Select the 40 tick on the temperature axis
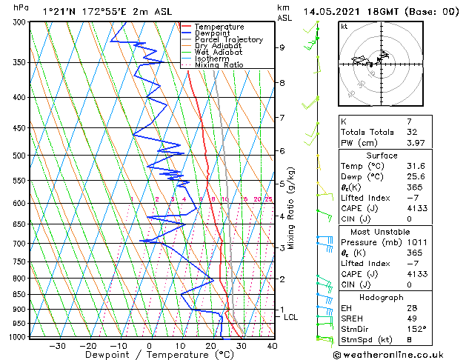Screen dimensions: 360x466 272,345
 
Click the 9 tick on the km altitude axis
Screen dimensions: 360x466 282,47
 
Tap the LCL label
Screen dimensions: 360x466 291,317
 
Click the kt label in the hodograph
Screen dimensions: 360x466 344,26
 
